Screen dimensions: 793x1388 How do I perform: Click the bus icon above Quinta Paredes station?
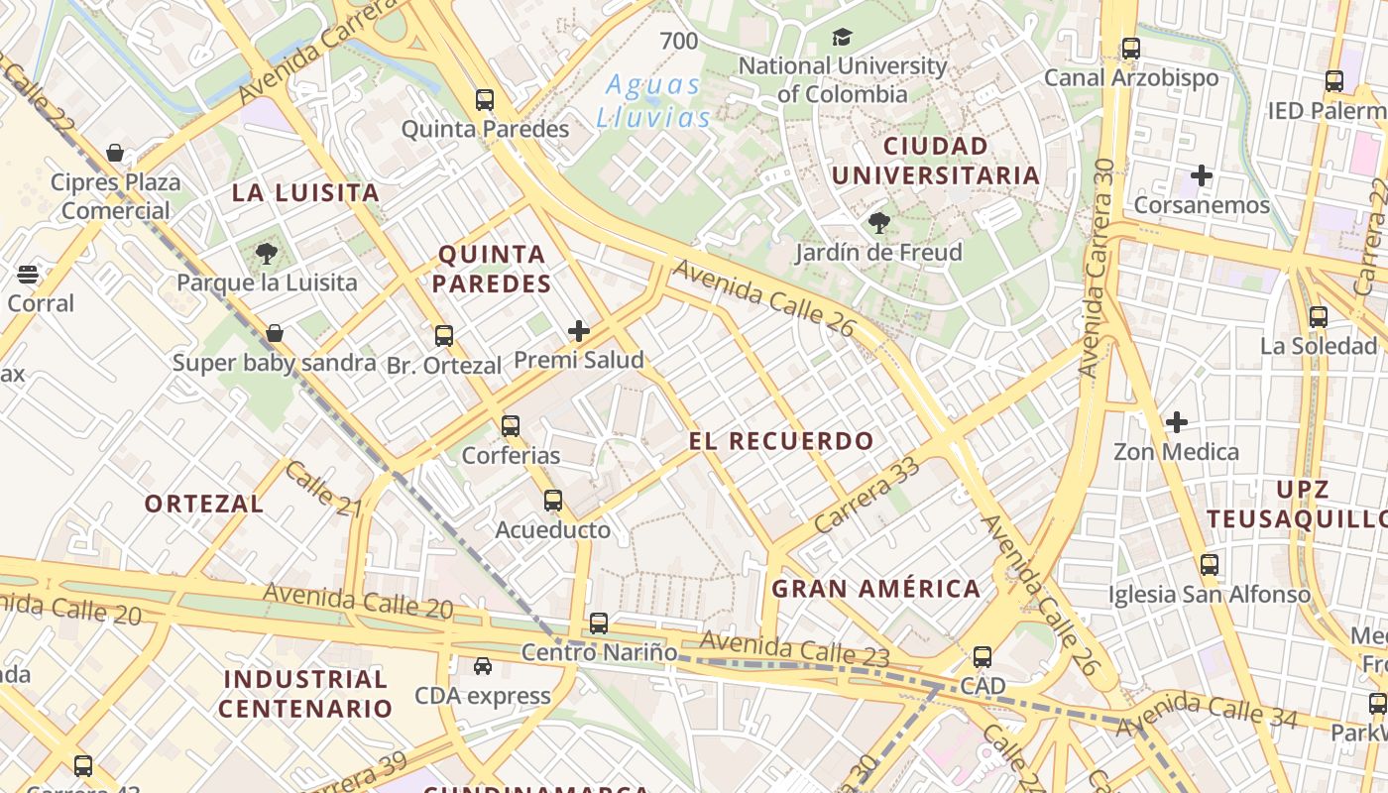(485, 100)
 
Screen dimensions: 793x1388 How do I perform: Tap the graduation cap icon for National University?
(842, 38)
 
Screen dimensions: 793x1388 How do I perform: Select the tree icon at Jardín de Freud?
(878, 223)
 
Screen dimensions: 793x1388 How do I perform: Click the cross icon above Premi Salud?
(579, 331)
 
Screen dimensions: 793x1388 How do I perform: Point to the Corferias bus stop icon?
(511, 426)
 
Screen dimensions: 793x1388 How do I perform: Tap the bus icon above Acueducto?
(553, 501)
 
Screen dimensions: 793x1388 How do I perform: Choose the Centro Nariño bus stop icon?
(599, 623)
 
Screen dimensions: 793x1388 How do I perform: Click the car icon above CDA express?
(483, 666)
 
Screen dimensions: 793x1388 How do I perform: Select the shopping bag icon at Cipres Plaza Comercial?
(115, 153)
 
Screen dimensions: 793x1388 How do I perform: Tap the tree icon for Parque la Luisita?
(266, 254)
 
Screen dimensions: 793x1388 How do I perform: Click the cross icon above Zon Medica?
(1177, 422)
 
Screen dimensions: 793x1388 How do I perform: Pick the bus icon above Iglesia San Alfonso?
(1210, 565)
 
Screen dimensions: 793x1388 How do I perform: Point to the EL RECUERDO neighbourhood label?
(782, 441)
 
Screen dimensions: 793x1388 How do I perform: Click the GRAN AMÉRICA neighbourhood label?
(876, 589)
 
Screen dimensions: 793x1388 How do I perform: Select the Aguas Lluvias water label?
(654, 101)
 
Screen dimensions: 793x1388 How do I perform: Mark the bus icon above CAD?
(983, 657)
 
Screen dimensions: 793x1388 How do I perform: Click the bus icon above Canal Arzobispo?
(1131, 48)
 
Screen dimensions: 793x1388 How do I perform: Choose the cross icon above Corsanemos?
(1202, 176)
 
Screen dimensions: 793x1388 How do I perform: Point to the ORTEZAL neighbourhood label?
(204, 504)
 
